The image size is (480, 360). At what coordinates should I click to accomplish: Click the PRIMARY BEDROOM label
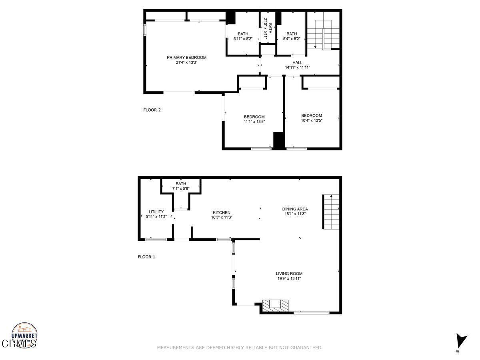[x=186, y=58]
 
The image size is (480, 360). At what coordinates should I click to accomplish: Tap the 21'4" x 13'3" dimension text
[x=186, y=62]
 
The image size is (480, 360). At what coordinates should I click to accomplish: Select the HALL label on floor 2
[x=297, y=62]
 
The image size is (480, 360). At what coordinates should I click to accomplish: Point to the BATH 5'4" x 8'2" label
[x=292, y=36]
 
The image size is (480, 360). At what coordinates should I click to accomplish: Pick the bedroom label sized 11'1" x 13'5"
[x=254, y=119]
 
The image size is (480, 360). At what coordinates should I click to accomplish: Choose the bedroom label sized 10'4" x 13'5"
[x=312, y=118]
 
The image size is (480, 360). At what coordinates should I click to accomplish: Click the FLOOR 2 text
[x=152, y=110]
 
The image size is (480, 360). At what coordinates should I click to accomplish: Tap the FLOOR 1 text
[x=146, y=257]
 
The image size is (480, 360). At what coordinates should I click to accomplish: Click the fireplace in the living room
[x=275, y=305]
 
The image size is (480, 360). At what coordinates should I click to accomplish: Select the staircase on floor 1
[x=331, y=212]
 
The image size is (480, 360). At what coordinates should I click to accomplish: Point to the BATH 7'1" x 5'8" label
[x=181, y=186]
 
